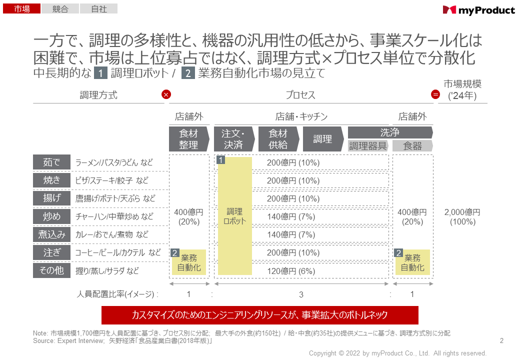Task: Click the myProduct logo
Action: [478, 10]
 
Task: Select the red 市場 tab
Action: [21, 8]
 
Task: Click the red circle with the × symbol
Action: [166, 94]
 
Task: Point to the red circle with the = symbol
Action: [435, 94]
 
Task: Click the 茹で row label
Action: [51, 162]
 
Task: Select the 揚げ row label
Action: [51, 198]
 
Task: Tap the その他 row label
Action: [51, 270]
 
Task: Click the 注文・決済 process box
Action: [233, 139]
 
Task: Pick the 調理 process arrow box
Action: [323, 139]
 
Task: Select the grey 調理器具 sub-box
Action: [368, 145]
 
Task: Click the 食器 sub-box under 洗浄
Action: [412, 145]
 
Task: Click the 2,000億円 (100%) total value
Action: [462, 216]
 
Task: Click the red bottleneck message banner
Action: [259, 315]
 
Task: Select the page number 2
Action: [501, 341]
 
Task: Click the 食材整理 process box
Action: [188, 139]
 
